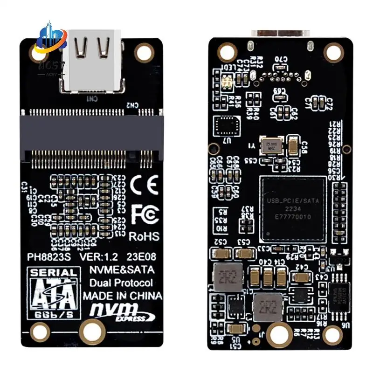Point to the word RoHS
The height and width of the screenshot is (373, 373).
(145, 237)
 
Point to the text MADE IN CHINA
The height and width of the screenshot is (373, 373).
(122, 296)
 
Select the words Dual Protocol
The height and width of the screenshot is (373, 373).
(121, 283)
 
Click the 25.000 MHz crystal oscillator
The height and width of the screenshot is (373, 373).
(270, 145)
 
